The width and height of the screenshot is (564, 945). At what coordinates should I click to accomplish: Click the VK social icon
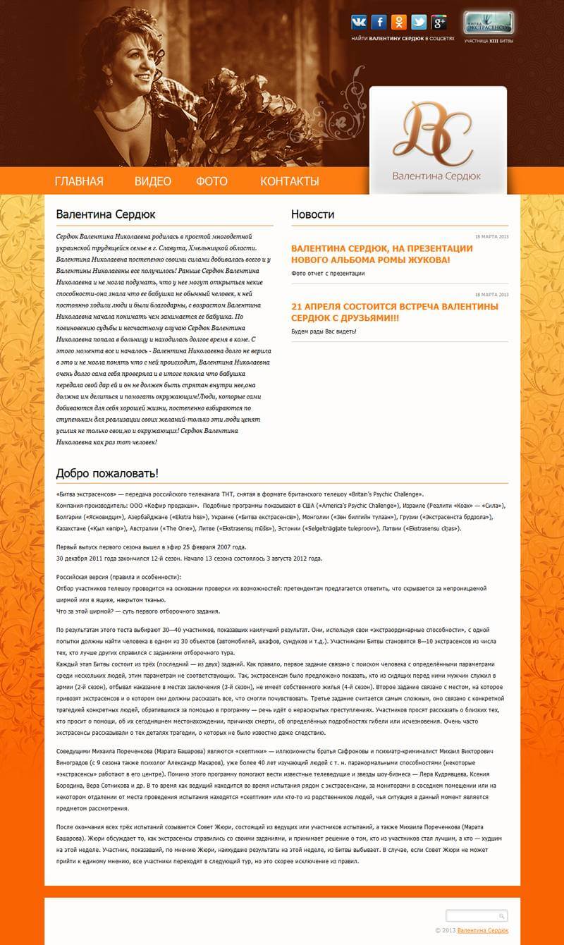[x=359, y=22]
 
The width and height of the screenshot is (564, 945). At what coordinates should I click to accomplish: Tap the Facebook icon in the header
[x=379, y=22]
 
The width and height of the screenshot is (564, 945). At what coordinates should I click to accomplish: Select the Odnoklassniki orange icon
[x=399, y=22]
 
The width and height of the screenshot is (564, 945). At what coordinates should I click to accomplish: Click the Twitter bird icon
[x=419, y=22]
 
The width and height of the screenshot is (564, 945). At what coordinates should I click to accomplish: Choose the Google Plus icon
[x=439, y=22]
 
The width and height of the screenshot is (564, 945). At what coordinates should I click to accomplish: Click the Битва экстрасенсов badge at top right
[x=489, y=23]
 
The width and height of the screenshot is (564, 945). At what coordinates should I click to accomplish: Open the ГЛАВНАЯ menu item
[x=79, y=181]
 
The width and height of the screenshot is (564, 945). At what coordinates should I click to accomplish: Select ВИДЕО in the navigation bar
[x=153, y=181]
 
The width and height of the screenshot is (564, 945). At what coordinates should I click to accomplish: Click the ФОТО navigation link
[x=211, y=181]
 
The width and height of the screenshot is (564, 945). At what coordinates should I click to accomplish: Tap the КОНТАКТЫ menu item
[x=290, y=181]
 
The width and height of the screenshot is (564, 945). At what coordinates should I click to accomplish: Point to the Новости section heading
[x=312, y=214]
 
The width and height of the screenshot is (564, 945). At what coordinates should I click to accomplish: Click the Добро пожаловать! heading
[x=107, y=472]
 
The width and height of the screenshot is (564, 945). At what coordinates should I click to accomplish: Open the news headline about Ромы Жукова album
[x=381, y=254]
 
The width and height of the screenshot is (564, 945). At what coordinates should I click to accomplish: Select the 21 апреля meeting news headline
[x=395, y=312]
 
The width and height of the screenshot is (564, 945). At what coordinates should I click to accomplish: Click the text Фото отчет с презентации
[x=328, y=273]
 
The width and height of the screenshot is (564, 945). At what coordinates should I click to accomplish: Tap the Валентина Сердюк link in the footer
[x=484, y=930]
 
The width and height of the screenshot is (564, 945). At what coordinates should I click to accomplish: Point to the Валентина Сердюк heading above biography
[x=106, y=214]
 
